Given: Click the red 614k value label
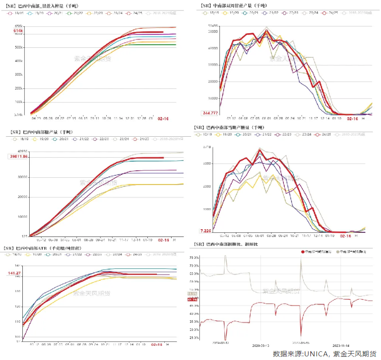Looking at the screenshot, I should click(x=18, y=31).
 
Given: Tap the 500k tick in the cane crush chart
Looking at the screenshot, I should click(x=18, y=47).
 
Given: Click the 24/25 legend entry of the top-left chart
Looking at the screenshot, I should click(x=137, y=13).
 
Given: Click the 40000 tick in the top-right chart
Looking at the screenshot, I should click(x=212, y=48).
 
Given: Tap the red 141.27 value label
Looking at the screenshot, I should click(x=14, y=273).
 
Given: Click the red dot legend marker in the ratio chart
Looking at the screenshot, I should click(x=303, y=252).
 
